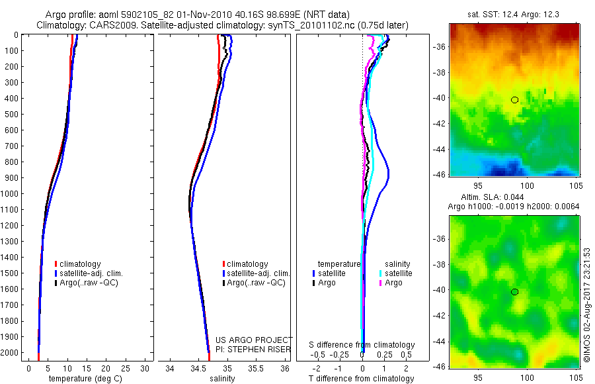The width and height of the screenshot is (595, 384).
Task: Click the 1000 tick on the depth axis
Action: tap(10, 194)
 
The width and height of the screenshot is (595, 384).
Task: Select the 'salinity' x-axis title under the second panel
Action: tap(221, 379)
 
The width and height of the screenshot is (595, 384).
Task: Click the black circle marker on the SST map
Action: tap(514, 100)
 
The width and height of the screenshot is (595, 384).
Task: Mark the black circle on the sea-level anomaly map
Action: tap(514, 292)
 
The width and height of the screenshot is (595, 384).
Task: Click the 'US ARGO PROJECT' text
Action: tap(255, 340)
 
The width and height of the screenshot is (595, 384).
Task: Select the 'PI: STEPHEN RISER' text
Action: tap(251, 348)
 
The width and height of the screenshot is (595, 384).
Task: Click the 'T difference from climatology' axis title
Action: tap(361, 379)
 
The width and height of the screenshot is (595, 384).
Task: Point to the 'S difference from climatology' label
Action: tap(362, 345)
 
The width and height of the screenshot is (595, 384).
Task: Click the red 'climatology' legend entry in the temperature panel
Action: tap(79, 264)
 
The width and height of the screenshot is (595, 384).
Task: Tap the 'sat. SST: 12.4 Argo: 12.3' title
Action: tap(514, 14)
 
